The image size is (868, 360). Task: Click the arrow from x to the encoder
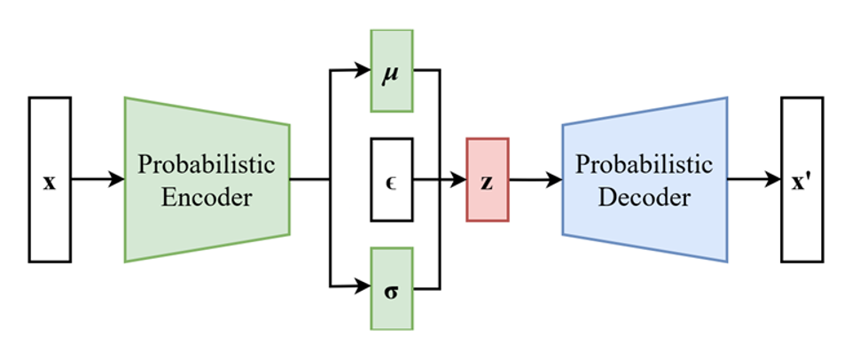coord(98,180)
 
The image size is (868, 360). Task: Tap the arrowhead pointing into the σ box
coord(363,287)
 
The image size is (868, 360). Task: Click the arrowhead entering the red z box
coord(459,179)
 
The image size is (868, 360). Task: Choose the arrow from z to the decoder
coord(536,180)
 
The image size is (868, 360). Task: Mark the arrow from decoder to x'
coord(754,180)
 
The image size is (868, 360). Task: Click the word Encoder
coord(207,197)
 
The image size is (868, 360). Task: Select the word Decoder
coord(645,197)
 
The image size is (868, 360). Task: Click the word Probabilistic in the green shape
coord(207,165)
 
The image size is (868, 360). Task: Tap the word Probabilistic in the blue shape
coord(645,165)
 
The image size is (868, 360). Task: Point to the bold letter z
coord(487,180)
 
